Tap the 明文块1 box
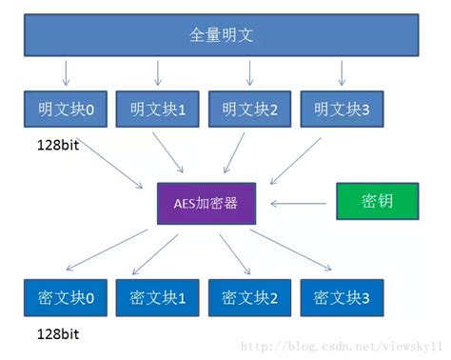click(x=155, y=110)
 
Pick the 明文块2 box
click(x=249, y=110)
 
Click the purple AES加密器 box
click(x=206, y=204)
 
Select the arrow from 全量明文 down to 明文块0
click(x=64, y=71)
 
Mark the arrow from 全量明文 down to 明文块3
click(x=341, y=71)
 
